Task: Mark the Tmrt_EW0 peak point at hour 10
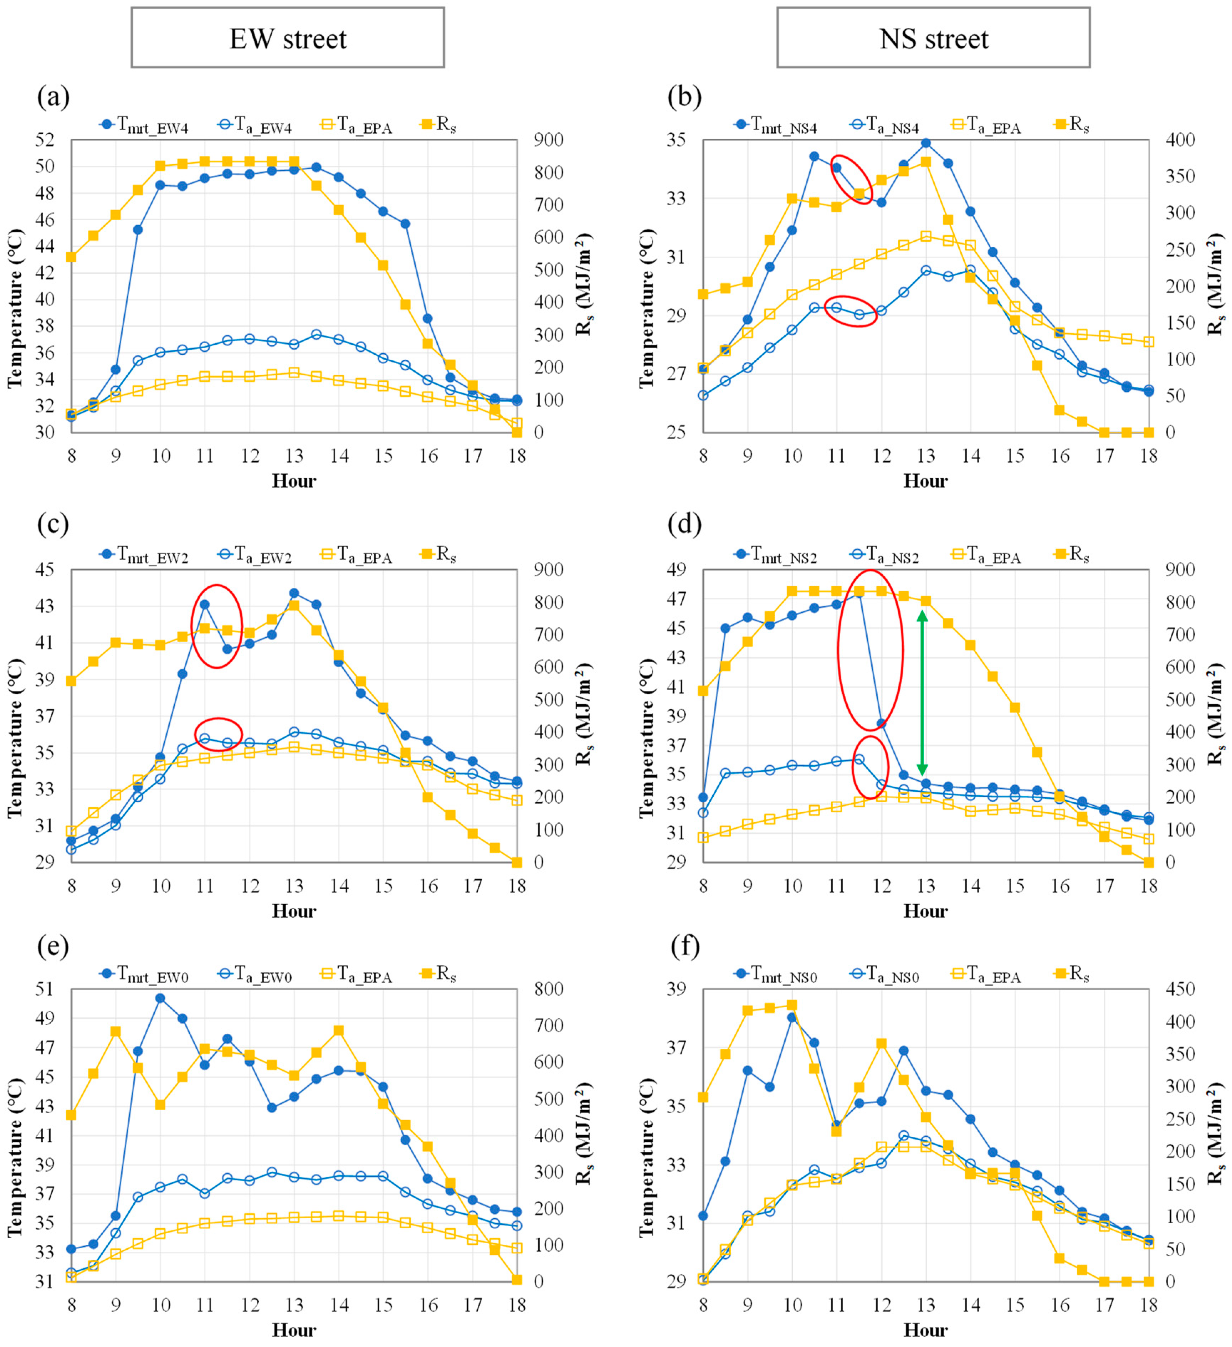point(160,998)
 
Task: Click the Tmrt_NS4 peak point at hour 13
point(926,143)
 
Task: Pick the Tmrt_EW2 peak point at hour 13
point(294,593)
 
